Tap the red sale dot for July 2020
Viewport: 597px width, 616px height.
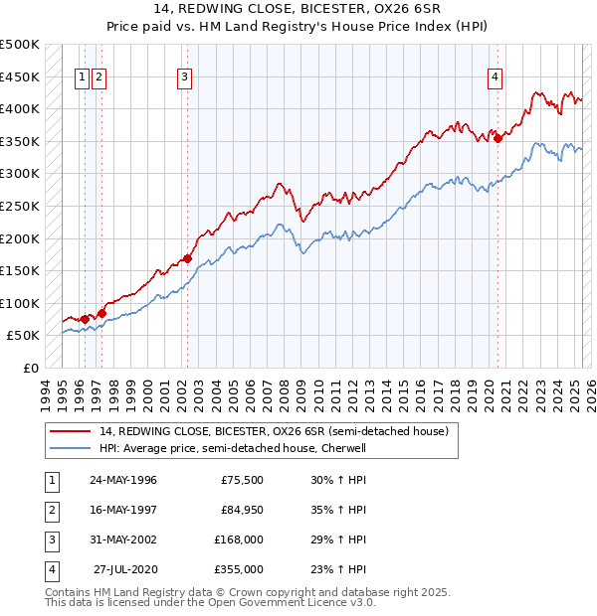pos(498,138)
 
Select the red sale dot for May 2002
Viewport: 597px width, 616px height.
pos(187,259)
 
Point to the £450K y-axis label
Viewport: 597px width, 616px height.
pos(20,77)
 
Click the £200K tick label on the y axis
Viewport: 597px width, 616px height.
pos(20,238)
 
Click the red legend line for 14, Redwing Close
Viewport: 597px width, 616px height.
pos(71,431)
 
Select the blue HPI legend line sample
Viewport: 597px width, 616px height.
pos(71,448)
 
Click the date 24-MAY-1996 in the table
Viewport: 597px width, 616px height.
pos(123,480)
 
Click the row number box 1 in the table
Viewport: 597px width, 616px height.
pos(51,480)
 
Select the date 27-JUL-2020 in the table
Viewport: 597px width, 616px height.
pos(125,569)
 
